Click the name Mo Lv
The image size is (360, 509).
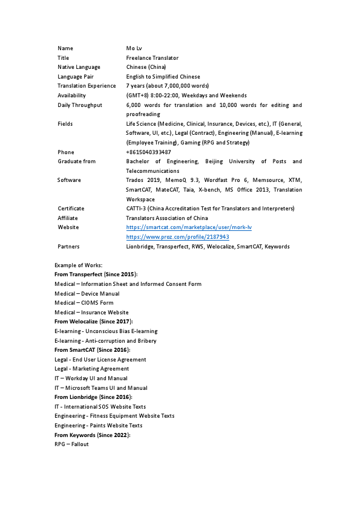[135, 48]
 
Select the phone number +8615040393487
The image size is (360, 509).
[148, 152]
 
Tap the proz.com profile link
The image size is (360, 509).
[177, 237]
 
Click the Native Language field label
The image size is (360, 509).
[79, 67]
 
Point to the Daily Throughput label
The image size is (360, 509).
[80, 105]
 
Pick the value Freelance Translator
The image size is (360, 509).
[152, 57]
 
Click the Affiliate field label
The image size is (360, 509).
[68, 218]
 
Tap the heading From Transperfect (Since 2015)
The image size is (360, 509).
[96, 274]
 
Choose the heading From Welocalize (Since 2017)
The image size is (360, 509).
[93, 322]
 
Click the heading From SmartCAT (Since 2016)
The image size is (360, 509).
[92, 350]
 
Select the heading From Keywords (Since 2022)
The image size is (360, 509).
[92, 435]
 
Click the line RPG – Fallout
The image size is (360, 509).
[71, 444]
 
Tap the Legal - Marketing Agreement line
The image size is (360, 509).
[91, 369]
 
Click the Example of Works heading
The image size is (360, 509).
[79, 265]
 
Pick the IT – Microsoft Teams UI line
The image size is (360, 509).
[100, 388]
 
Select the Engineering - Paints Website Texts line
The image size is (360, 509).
[98, 426]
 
